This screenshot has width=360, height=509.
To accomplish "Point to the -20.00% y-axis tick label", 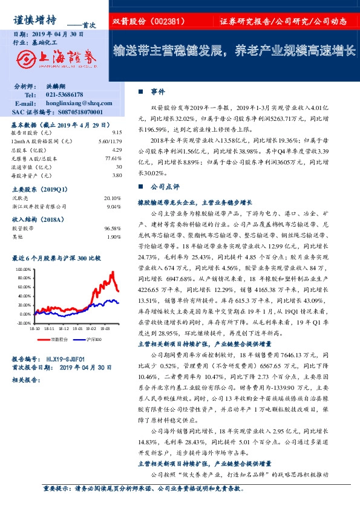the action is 22,323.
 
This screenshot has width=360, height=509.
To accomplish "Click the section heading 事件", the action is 158,91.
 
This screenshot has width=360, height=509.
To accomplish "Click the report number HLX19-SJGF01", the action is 67,358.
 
